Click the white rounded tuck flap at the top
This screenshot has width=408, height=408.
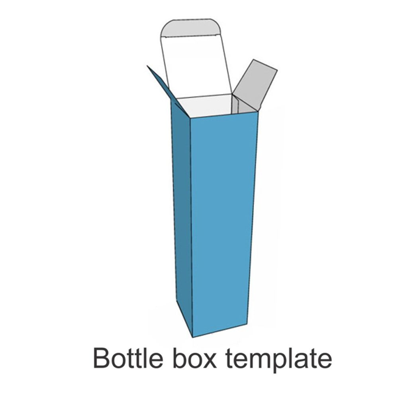193,58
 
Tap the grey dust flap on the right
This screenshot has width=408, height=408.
256,85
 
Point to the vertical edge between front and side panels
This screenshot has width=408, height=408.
191,228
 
